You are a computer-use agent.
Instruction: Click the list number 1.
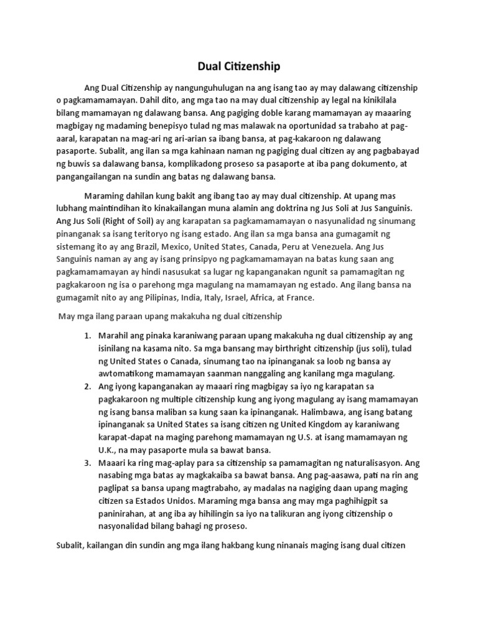point(87,336)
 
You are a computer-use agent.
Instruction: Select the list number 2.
point(87,387)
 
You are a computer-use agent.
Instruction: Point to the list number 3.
point(87,463)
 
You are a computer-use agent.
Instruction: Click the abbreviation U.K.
point(106,450)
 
